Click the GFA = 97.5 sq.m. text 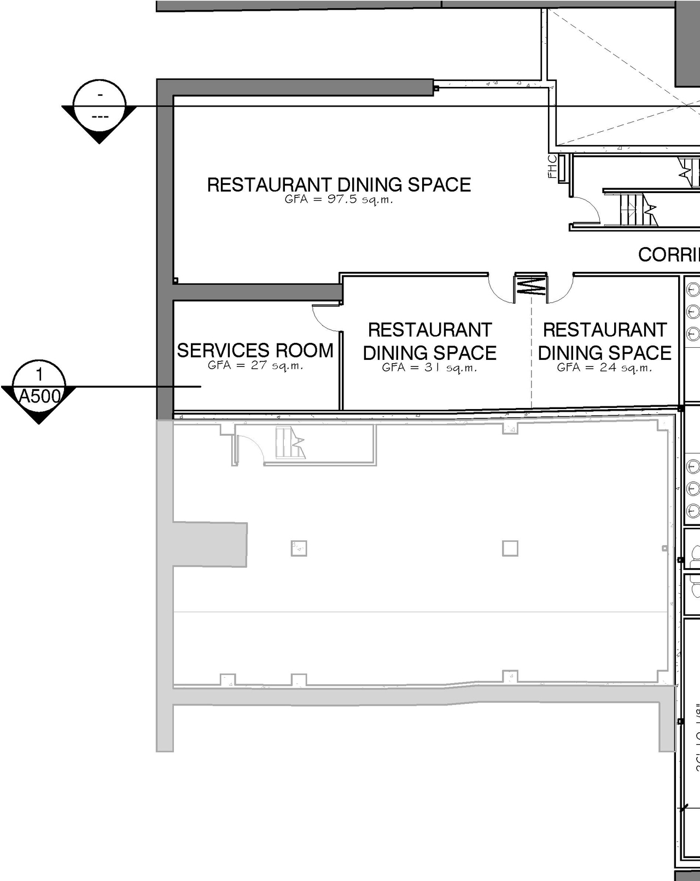339,200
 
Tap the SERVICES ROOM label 255,350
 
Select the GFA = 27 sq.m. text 255,365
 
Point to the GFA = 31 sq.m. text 429,367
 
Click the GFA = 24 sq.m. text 604,367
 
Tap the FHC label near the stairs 552,167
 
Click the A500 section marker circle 39,386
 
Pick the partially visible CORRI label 668,255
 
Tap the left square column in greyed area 299,548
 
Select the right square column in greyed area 510,548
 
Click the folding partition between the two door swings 530,286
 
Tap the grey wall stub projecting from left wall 211,544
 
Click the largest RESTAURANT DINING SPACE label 339,185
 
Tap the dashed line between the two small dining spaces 532,361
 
